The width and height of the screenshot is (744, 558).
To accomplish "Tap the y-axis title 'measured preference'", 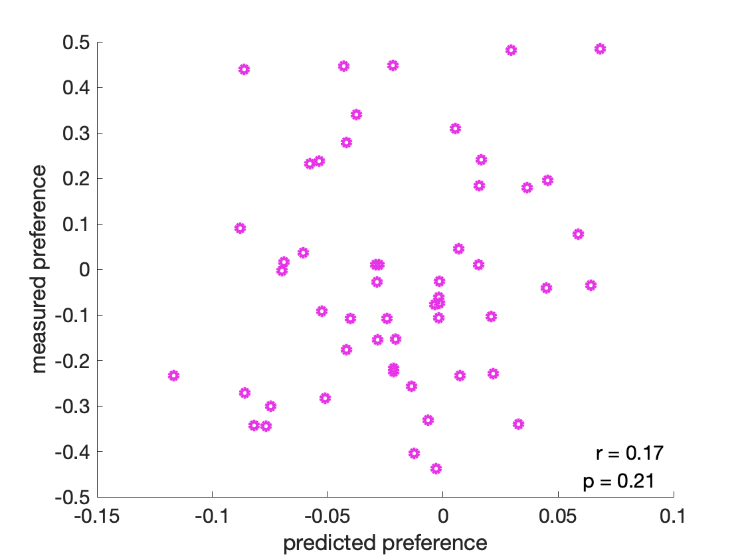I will click(x=40, y=269).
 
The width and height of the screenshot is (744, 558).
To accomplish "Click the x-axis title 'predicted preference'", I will click(x=385, y=543).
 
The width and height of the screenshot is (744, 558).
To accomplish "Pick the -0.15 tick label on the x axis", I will click(x=97, y=515).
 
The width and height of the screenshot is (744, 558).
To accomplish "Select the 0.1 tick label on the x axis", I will click(x=674, y=515).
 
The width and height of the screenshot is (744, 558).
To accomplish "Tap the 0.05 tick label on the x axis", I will click(x=558, y=515).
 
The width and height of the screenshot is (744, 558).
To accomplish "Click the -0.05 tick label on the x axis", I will click(x=327, y=515).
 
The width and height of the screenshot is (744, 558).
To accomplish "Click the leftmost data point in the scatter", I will click(x=174, y=375).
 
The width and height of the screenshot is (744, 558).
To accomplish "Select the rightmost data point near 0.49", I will click(x=600, y=48).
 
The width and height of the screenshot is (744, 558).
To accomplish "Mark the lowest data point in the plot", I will click(x=436, y=468).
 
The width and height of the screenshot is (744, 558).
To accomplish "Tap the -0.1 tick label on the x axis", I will click(x=212, y=515).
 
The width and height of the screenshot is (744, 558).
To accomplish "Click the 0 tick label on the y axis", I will click(x=86, y=270).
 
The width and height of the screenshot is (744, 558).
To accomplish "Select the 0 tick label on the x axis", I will click(x=442, y=515).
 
